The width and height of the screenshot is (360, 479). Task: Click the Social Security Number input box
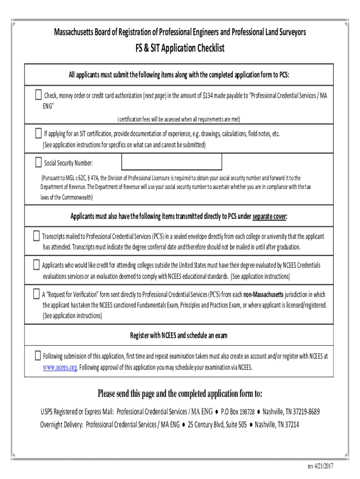[x=172, y=162]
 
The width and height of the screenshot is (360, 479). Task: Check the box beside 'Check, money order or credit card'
[x=38, y=95]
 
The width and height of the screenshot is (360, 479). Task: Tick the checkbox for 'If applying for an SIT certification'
[x=38, y=133]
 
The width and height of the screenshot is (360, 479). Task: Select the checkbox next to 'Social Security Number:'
[x=38, y=162]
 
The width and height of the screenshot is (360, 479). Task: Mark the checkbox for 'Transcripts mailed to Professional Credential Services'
[x=36, y=236]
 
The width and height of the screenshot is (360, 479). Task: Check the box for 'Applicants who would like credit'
[x=36, y=265]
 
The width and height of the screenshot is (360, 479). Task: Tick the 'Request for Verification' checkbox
[x=36, y=294]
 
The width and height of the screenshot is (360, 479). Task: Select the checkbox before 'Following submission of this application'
[x=37, y=355]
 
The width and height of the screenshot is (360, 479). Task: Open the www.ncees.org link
[x=60, y=367]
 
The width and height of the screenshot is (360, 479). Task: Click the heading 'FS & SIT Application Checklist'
[x=180, y=48]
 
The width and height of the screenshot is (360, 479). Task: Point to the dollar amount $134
[x=209, y=96]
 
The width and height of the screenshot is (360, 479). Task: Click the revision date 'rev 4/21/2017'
[x=320, y=466]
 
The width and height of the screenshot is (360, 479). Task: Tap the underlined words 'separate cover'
[x=269, y=216]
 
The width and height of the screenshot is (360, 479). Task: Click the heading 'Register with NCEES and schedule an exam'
[x=179, y=336]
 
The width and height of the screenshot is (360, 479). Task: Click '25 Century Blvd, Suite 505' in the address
[x=217, y=425]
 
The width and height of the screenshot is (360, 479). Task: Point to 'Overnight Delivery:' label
[x=62, y=425]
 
